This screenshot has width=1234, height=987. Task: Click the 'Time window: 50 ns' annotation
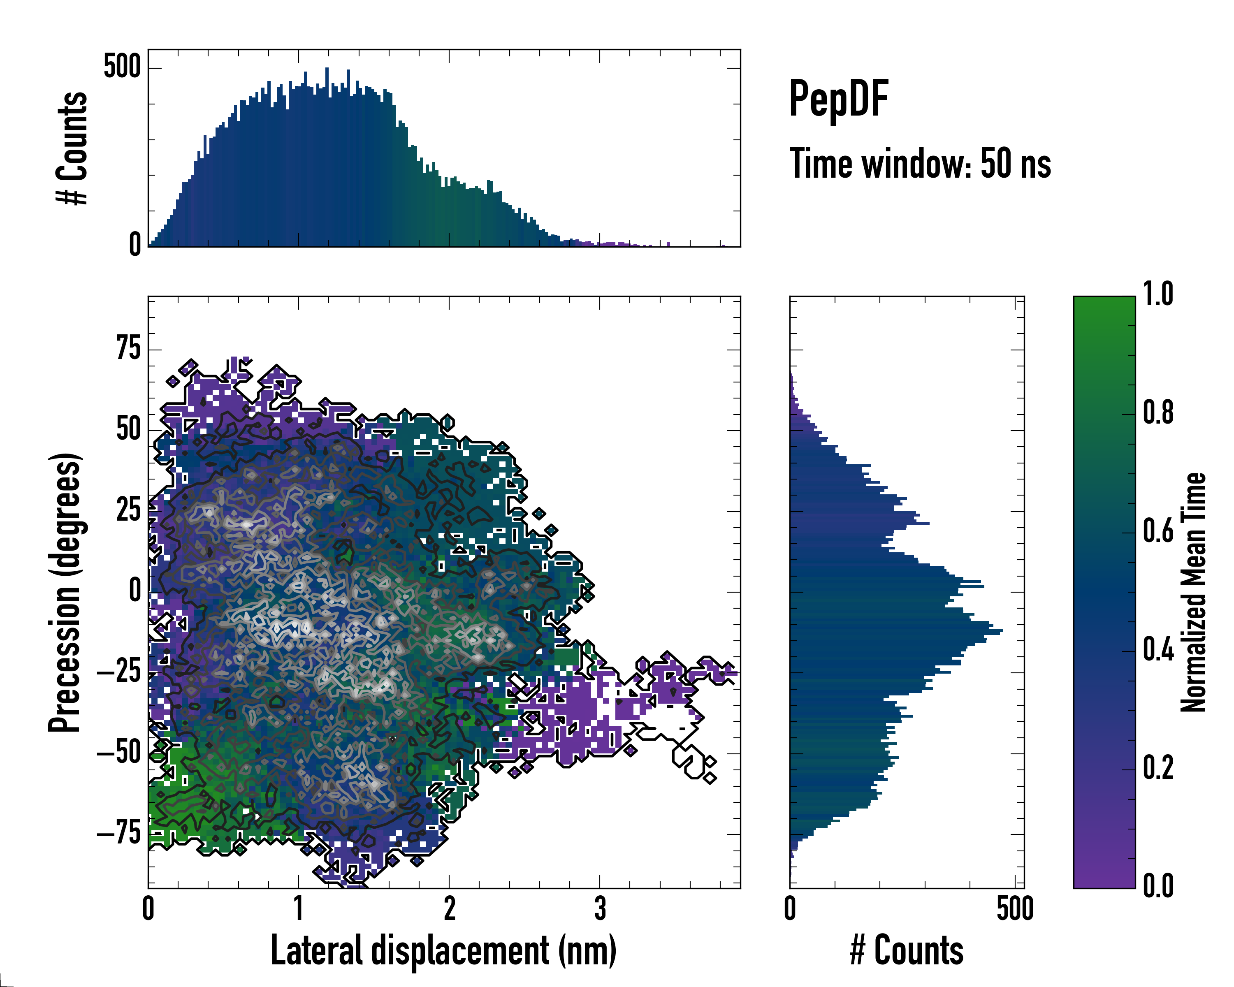[920, 164]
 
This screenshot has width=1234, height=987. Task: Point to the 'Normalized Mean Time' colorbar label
[1193, 592]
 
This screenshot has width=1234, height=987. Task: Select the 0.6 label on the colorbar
[1158, 531]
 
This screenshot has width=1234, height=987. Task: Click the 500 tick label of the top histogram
[122, 67]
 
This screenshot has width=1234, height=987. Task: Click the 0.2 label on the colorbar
[1158, 767]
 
